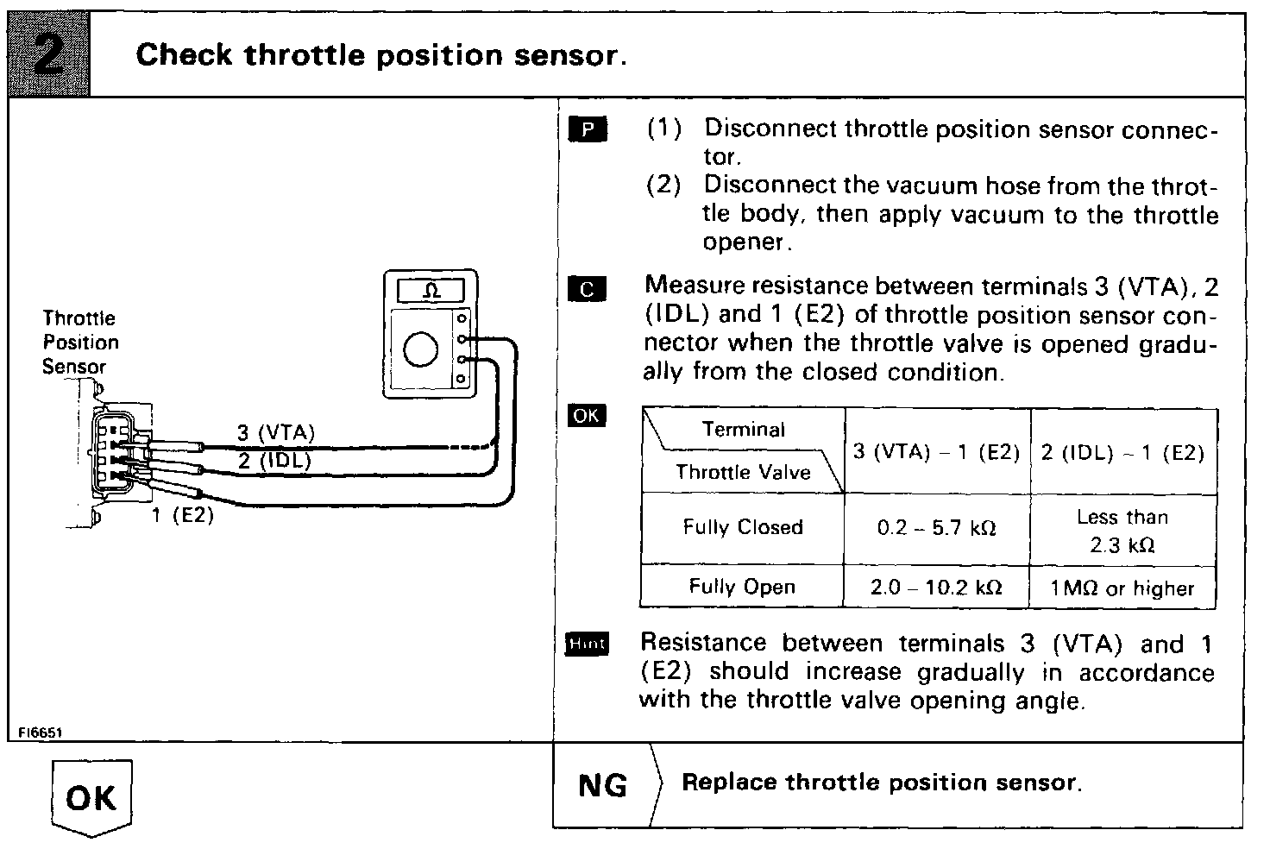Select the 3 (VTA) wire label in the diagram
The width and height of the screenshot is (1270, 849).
(x=276, y=432)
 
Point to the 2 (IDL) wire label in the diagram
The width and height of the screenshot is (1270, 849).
(x=274, y=461)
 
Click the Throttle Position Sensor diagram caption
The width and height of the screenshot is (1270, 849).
(x=79, y=343)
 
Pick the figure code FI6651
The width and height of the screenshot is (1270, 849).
(x=40, y=732)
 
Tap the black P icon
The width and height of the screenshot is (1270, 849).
(x=588, y=129)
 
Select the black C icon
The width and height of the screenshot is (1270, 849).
(x=588, y=289)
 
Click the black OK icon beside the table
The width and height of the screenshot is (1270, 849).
(x=587, y=416)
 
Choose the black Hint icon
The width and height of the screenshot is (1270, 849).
(x=587, y=644)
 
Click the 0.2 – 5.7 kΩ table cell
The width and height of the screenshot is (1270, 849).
(x=937, y=528)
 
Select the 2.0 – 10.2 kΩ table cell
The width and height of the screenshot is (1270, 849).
(x=937, y=588)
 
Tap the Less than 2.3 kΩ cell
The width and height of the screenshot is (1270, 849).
(x=1122, y=531)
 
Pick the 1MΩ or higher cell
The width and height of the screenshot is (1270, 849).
(x=1122, y=588)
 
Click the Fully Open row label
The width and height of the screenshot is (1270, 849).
(x=742, y=587)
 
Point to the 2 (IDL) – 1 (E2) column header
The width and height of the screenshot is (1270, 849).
(x=1122, y=453)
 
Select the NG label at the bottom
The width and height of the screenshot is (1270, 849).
(x=603, y=785)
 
